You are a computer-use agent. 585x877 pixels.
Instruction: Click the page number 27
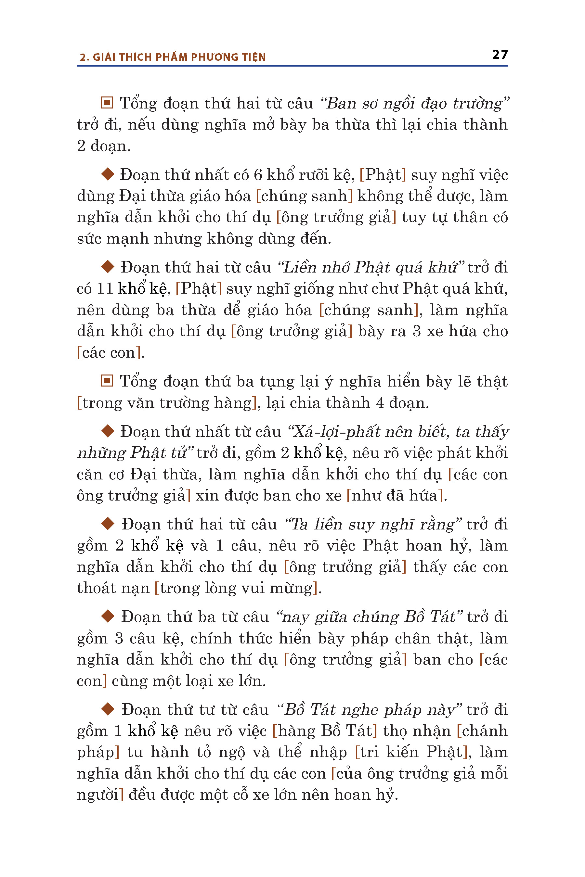tap(500, 55)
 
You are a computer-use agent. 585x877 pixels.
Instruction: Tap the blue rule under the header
tap(292, 66)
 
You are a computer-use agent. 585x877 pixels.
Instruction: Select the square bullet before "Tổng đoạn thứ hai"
tap(107, 103)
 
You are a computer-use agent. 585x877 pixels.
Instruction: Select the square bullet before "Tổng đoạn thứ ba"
tap(107, 381)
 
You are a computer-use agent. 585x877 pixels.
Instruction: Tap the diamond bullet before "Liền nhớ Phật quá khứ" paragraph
tap(108, 266)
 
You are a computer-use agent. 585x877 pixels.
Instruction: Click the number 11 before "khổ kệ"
tap(105, 289)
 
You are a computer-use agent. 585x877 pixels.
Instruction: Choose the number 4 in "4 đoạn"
tap(380, 403)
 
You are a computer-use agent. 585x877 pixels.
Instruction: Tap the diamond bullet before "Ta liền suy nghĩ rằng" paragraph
tap(108, 524)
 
